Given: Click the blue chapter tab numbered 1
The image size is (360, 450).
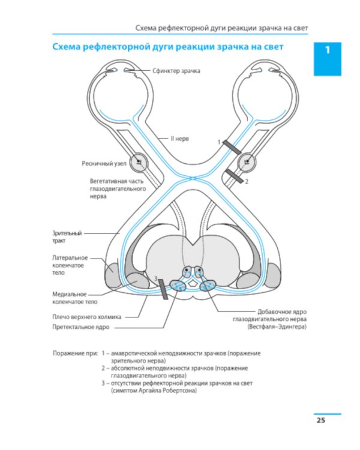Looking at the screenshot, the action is tap(327, 59).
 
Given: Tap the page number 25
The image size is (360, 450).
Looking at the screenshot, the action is tap(320, 420).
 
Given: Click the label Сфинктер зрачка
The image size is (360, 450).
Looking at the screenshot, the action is tap(176, 71).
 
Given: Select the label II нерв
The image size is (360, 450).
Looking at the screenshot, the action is tap(180, 139).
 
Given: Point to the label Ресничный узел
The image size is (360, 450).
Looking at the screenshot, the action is tap(104, 164).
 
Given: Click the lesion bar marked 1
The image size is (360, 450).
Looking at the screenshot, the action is tap(232, 147).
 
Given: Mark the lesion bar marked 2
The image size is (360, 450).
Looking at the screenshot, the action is tap(235, 176).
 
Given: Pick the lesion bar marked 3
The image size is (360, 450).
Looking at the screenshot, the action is tap(163, 289).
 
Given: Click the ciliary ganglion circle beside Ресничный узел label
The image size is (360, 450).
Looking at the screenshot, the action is tap(139, 163).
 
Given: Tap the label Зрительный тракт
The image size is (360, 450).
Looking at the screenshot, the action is tap(67, 237).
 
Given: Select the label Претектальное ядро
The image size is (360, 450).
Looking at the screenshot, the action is tap(80, 327).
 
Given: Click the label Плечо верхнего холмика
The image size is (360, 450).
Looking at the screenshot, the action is tap(86, 317).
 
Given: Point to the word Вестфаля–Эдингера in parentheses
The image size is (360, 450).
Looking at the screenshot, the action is tap(277, 326).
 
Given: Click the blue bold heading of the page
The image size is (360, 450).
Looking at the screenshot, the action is tap(168, 47).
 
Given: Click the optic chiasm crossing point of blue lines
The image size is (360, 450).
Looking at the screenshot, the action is tap(193, 178).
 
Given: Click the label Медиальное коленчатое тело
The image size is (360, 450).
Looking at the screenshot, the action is tap(74, 298).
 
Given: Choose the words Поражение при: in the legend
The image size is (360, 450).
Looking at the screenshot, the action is tap(75, 353).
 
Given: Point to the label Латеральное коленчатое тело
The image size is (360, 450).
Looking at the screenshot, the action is tap(70, 265).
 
